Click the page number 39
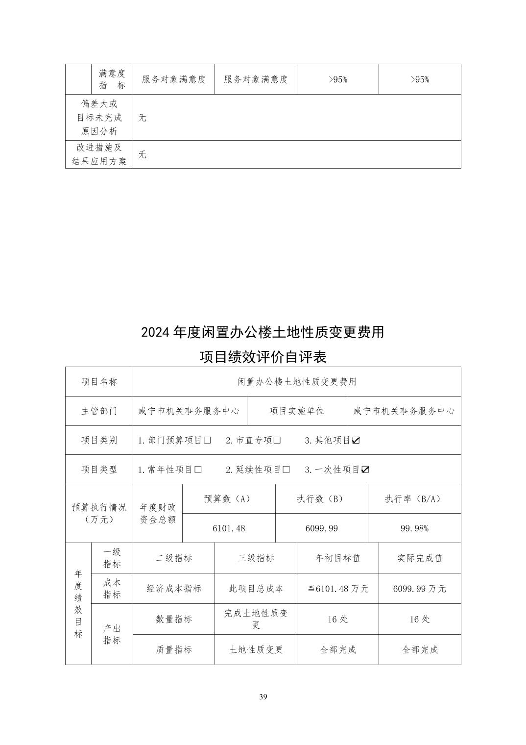coord(263,697)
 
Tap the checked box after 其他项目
coord(356,440)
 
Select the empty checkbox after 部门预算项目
coord(207,440)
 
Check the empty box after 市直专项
coord(277,440)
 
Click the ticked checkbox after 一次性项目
coord(365,470)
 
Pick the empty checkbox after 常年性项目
coord(198,470)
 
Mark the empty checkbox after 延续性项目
coord(287,470)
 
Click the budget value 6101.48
coord(229,528)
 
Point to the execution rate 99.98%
coord(414,528)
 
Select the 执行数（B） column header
coord(321,499)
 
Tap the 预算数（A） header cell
coord(229,499)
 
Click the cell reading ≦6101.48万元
coord(338,589)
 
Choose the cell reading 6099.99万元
coord(420,589)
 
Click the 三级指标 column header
coord(256,558)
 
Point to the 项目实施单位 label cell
coord(297,411)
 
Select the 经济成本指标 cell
coord(174,589)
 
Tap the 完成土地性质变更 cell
coord(256,619)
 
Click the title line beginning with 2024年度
coord(263,332)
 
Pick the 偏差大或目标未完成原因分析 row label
coord(99,118)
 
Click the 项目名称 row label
coord(99,382)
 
